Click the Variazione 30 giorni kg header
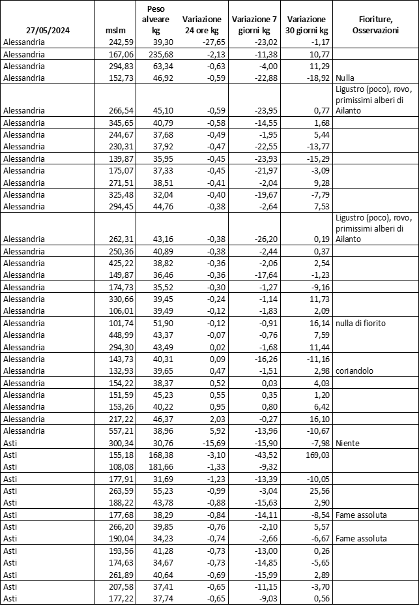pyautogui.click(x=307, y=25)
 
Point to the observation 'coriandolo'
pyautogui.click(x=356, y=371)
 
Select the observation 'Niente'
pyautogui.click(x=349, y=443)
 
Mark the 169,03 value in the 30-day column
pyautogui.click(x=314, y=455)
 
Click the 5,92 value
pyautogui.click(x=212, y=431)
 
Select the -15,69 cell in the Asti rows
pyautogui.click(x=209, y=443)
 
